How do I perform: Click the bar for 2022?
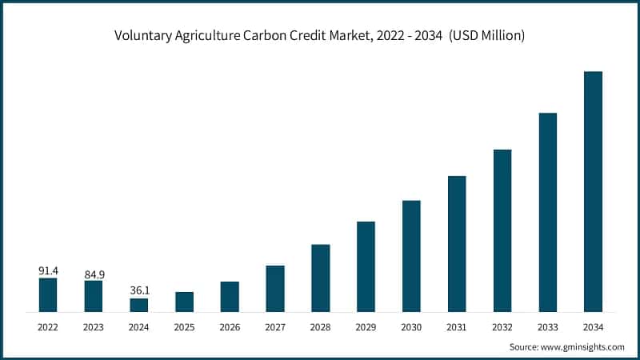point(48,294)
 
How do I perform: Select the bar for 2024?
point(139,305)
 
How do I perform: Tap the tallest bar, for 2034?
point(593,191)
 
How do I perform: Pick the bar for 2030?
point(411,256)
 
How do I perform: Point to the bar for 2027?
point(275,288)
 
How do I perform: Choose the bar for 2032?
point(502,230)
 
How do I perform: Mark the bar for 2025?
point(184,302)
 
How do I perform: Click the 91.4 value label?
point(48,271)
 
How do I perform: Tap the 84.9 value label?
point(94,274)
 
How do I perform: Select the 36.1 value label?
point(139,290)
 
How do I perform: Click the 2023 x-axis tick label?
point(94,326)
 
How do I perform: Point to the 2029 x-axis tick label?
point(366,326)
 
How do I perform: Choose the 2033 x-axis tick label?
point(547,326)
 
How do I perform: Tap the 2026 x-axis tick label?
point(230,326)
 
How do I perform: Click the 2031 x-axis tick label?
point(457,326)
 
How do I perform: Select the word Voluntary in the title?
point(142,36)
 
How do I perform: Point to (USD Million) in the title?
point(486,36)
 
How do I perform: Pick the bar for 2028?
point(321,278)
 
